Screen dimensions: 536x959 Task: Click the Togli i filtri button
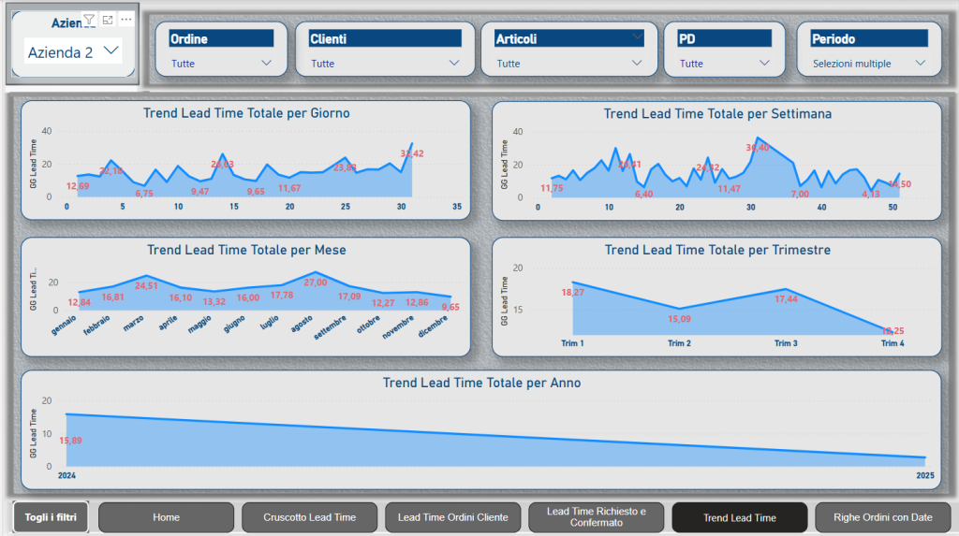click(52, 516)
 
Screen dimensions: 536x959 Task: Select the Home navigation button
click(166, 517)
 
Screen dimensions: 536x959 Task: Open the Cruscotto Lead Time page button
click(309, 517)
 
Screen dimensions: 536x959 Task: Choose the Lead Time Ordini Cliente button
click(452, 517)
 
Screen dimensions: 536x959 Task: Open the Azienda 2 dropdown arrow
click(111, 51)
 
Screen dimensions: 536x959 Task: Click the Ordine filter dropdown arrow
click(267, 64)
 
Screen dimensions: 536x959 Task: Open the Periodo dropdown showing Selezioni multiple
click(920, 64)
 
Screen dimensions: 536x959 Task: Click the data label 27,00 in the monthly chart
click(316, 282)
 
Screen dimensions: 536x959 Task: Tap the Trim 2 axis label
click(679, 343)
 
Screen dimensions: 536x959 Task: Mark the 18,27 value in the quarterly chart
click(572, 293)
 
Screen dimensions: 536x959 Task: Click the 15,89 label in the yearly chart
click(71, 441)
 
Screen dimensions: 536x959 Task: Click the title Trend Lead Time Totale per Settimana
click(717, 114)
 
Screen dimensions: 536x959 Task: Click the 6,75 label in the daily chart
click(144, 194)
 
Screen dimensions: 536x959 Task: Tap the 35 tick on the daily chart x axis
click(456, 207)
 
